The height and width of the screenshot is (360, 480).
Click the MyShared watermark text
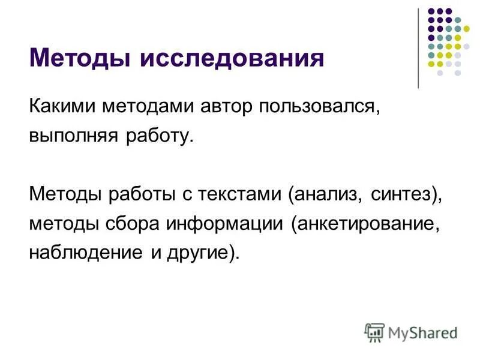(x=421, y=331)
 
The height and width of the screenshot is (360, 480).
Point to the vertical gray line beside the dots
(x=418, y=48)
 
